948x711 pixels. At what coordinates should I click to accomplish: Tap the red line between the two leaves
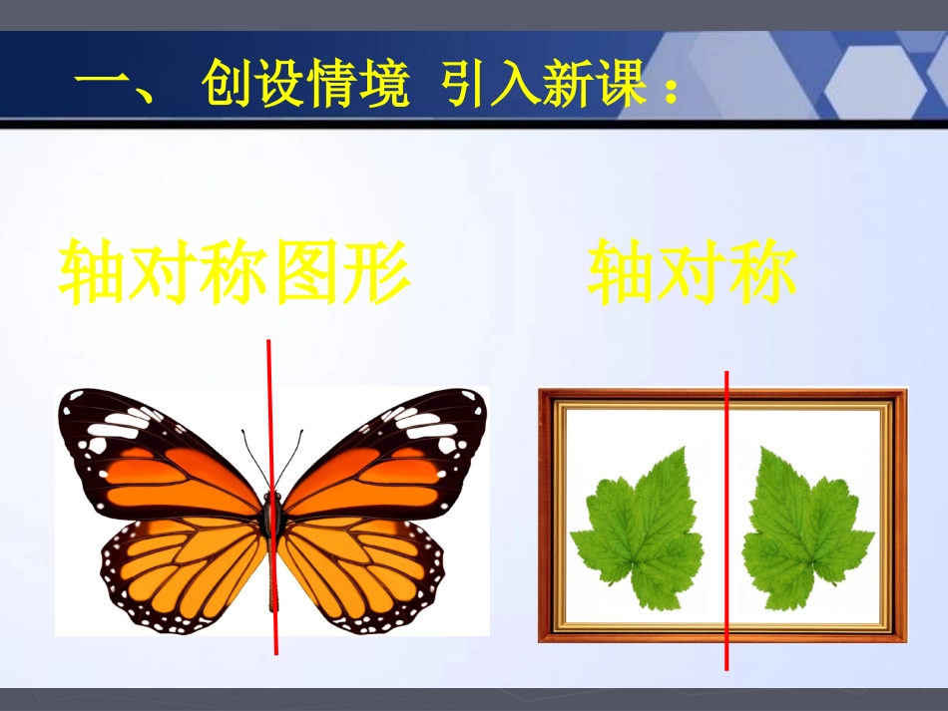tap(726, 519)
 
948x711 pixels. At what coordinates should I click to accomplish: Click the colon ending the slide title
tap(670, 92)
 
